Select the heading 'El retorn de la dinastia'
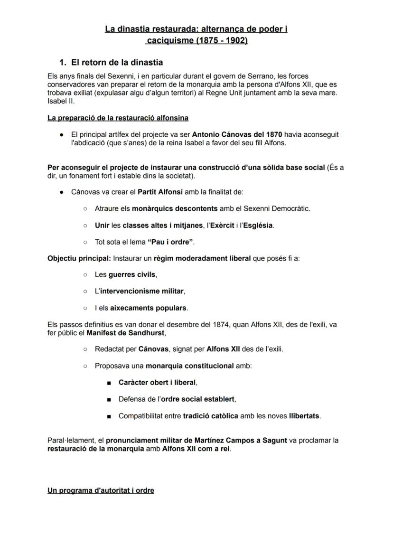point(117,62)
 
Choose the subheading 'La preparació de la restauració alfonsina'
point(118,118)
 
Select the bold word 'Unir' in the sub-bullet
point(102,225)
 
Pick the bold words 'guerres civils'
point(132,274)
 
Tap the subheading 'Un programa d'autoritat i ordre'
point(101,490)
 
